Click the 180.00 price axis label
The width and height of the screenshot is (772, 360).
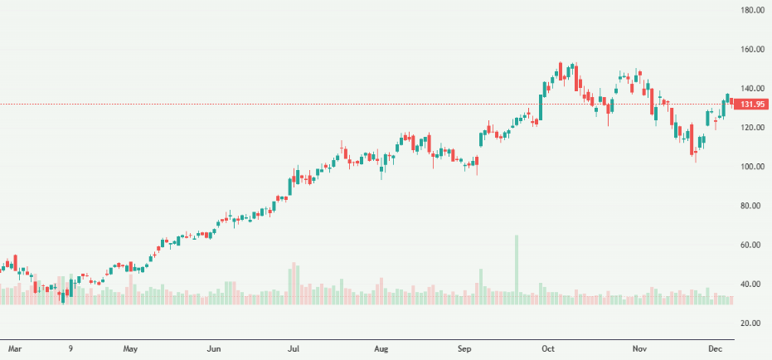[x=752, y=10]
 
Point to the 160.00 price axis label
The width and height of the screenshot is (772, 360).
[x=752, y=50]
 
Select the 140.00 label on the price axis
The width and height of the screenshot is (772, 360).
[x=752, y=89]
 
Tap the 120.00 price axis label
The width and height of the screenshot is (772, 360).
[x=752, y=128]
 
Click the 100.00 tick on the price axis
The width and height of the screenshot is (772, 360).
[x=752, y=167]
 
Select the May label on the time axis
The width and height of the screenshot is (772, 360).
[x=130, y=349]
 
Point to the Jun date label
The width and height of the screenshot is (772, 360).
[x=215, y=349]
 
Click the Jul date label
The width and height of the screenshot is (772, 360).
[x=294, y=349]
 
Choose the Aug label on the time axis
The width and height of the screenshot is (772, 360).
[x=381, y=349]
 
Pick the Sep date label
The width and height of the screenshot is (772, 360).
[x=465, y=349]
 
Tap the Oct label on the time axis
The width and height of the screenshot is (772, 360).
[x=548, y=349]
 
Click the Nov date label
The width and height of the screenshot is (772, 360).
[x=638, y=349]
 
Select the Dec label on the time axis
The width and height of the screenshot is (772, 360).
[x=715, y=349]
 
